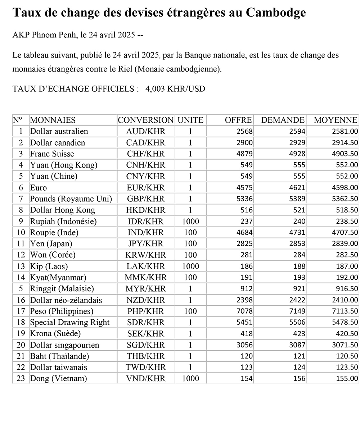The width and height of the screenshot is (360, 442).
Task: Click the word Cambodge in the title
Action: point(276,13)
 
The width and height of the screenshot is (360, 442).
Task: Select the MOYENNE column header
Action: point(336,120)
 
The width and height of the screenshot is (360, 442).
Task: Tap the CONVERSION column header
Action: point(146,120)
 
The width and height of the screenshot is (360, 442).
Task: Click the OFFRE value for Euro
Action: point(245,188)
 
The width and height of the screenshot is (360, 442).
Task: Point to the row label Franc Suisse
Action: point(52,154)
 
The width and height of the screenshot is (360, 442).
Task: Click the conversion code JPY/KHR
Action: point(146,244)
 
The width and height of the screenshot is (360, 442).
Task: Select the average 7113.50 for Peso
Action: point(345,311)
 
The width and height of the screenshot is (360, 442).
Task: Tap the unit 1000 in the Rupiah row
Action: point(190,222)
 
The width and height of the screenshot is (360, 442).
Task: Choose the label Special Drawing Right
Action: point(70,323)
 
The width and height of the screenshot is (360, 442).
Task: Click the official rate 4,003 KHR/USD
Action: point(175,89)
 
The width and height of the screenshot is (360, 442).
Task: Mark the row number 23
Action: point(21,379)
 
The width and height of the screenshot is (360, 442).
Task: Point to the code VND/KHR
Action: point(146,379)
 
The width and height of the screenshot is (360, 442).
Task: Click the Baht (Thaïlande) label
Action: point(59,356)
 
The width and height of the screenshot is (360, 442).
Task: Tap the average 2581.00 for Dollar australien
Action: point(345,132)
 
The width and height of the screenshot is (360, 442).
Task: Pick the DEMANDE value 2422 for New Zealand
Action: point(297,300)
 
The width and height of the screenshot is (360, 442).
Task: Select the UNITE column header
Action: point(190,120)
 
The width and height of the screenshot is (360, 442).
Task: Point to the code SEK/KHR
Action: point(146,334)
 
